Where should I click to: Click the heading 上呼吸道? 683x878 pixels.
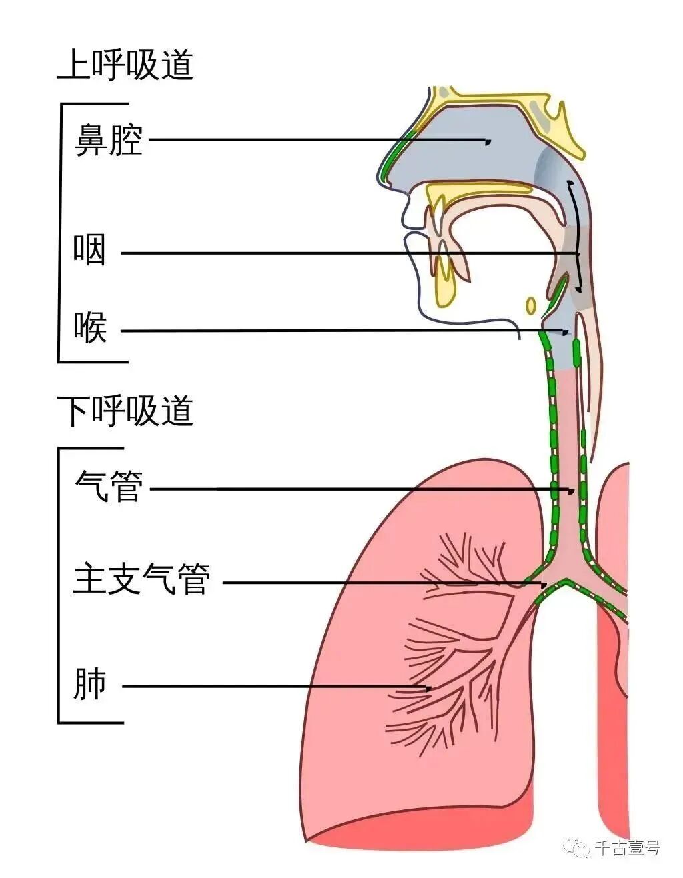click(125, 65)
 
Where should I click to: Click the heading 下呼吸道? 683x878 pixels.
click(125, 411)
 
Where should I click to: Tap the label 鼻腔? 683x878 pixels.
click(109, 140)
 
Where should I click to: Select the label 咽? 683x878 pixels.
click(89, 251)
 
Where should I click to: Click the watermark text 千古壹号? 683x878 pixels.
click(626, 848)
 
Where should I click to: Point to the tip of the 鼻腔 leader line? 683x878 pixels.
click(488, 141)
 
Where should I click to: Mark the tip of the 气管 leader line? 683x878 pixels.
click(572, 491)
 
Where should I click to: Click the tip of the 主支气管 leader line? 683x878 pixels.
click(545, 585)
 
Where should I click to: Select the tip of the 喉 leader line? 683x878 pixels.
click(567, 331)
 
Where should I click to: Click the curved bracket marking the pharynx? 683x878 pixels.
click(576, 237)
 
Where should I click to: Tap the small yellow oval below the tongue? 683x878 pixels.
click(531, 305)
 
